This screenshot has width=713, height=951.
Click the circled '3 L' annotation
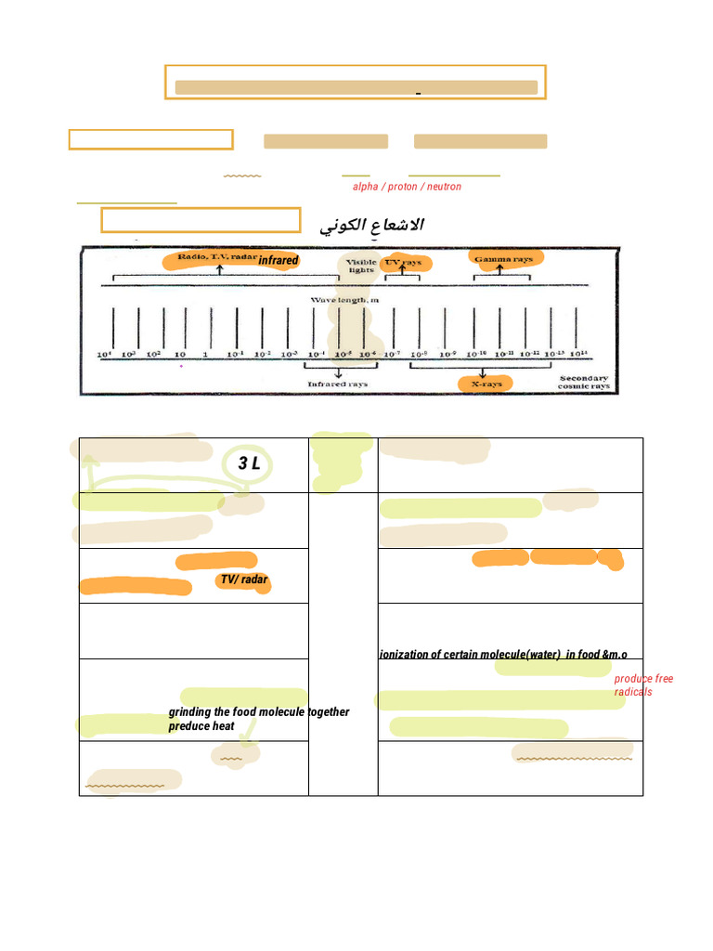(x=248, y=463)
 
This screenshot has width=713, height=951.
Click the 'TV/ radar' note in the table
(x=243, y=580)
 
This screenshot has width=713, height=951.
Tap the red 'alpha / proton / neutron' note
(x=407, y=187)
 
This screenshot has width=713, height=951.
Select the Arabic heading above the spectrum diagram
(x=371, y=226)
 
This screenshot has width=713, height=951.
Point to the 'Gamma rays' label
(x=503, y=259)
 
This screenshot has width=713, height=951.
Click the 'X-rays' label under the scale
(x=485, y=383)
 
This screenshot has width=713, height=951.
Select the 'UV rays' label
(x=402, y=263)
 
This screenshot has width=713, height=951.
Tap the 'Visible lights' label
(x=361, y=266)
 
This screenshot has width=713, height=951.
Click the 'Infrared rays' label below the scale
(x=338, y=383)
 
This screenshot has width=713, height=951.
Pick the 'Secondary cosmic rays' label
(x=583, y=382)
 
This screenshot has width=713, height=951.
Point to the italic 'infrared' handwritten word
(x=278, y=261)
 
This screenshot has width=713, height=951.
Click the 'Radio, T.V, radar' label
(x=217, y=257)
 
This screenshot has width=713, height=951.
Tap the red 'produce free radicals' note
(x=643, y=685)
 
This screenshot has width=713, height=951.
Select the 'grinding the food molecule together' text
(x=259, y=712)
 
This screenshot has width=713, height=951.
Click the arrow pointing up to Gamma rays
(x=500, y=270)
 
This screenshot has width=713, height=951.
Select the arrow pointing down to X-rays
(x=483, y=371)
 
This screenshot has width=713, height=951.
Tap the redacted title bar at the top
(x=356, y=87)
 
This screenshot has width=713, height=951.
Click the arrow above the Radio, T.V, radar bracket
(x=219, y=270)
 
